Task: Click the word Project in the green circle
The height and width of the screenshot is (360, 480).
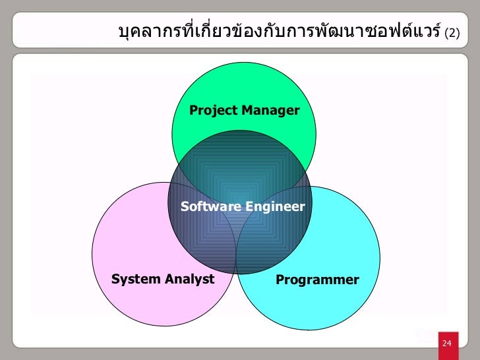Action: pyautogui.click(x=213, y=110)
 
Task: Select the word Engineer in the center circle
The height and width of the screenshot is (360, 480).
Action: pyautogui.click(x=275, y=207)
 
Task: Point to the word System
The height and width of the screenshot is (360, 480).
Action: pyautogui.click(x=135, y=279)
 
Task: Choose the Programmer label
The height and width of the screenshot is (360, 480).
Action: pyautogui.click(x=317, y=280)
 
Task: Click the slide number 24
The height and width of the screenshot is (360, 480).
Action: pyautogui.click(x=447, y=344)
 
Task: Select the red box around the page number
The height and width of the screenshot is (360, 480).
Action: pyautogui.click(x=447, y=344)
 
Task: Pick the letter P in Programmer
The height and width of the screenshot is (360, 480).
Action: pyautogui.click(x=280, y=280)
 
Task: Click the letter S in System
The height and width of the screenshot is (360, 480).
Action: pyautogui.click(x=115, y=279)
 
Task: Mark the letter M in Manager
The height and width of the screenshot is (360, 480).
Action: pyautogui.click(x=245, y=110)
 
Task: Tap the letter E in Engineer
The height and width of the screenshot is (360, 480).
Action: pyautogui.click(x=249, y=207)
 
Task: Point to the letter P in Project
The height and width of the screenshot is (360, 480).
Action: pyautogui.click(x=193, y=110)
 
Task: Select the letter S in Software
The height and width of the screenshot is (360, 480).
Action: pyautogui.click(x=185, y=207)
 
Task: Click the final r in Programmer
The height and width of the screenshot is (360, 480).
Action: pyautogui.click(x=357, y=280)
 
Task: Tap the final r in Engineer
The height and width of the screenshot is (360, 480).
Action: pyautogui.click(x=303, y=208)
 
